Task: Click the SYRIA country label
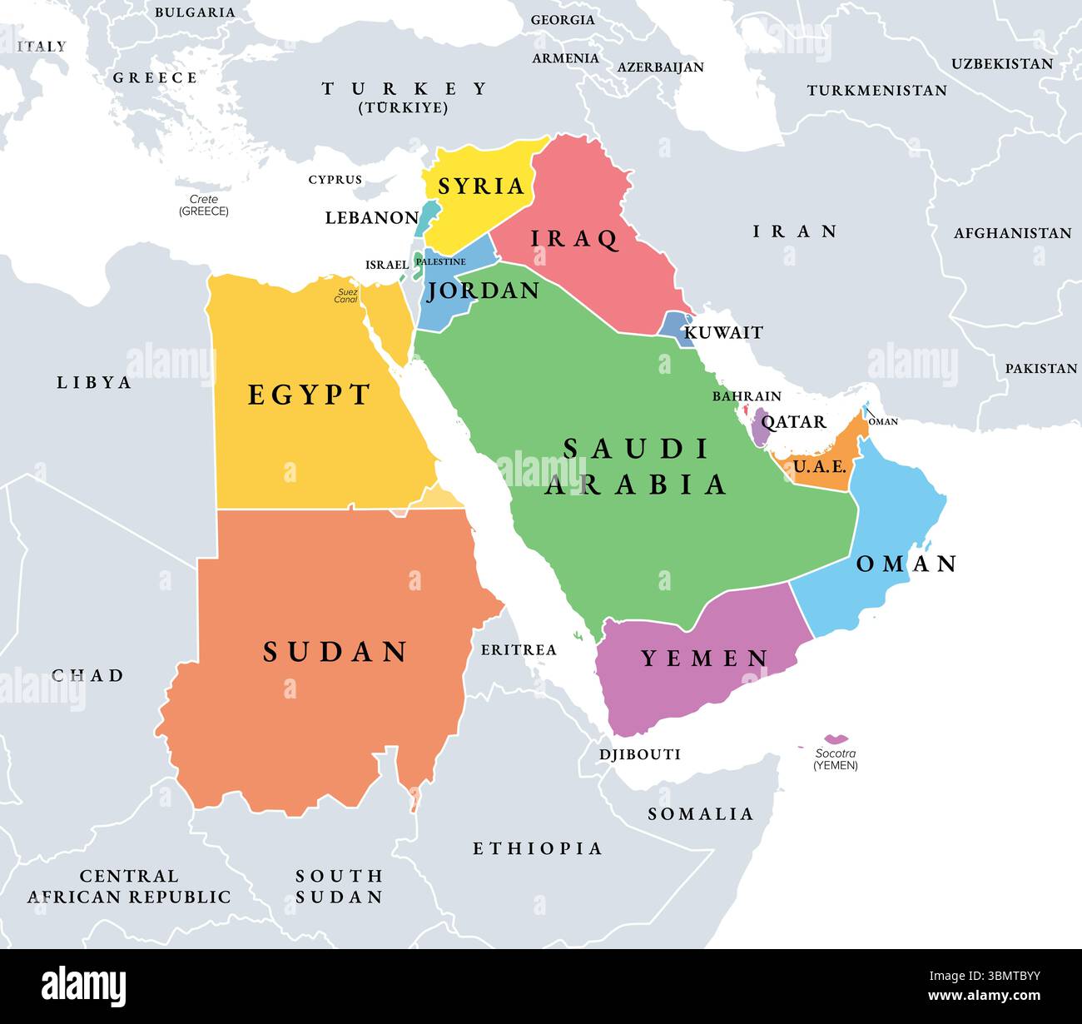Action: click(481, 186)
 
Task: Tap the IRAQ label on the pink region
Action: click(575, 239)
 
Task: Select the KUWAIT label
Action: click(722, 333)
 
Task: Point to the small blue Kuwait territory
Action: click(675, 325)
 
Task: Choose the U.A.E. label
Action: click(819, 467)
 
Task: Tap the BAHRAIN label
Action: click(746, 396)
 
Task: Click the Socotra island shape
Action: click(836, 738)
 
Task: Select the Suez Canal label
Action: click(346, 296)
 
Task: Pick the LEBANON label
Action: click(371, 218)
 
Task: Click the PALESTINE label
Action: click(440, 261)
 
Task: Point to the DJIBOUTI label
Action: click(639, 754)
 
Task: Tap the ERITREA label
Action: click(518, 649)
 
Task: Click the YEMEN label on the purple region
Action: click(704, 659)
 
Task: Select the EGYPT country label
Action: click(309, 395)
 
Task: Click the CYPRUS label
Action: click(335, 180)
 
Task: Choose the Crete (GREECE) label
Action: click(203, 206)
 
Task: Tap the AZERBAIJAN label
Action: click(660, 67)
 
